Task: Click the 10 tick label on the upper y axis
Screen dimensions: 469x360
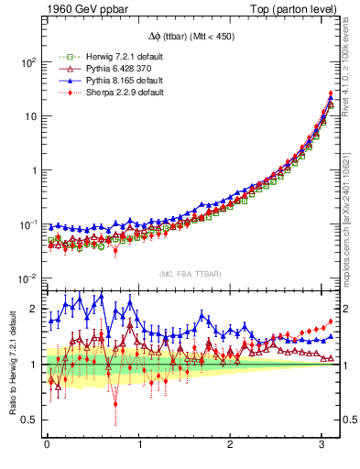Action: coord(30,116)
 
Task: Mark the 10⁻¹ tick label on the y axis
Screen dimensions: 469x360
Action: coord(27,224)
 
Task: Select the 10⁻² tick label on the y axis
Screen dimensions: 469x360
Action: coord(27,278)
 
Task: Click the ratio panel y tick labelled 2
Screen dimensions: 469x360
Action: coord(34,309)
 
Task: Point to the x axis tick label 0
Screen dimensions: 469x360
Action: coord(47,445)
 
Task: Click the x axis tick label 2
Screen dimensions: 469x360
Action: coord(231,445)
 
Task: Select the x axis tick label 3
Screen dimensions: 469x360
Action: coord(322,445)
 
